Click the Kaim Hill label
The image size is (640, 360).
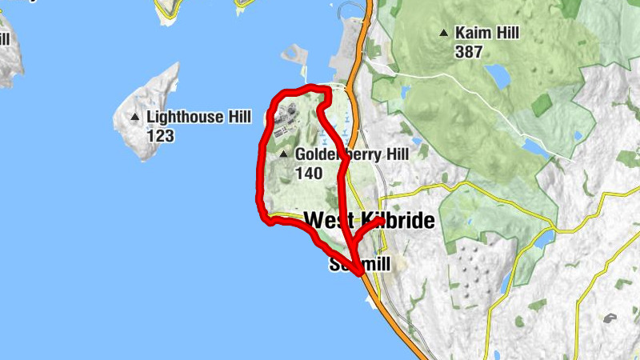click(x=487, y=34)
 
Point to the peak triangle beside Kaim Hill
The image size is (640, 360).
click(x=443, y=34)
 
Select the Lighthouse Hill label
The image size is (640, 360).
click(x=194, y=118)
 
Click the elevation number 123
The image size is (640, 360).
click(x=160, y=136)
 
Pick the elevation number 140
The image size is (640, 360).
click(x=309, y=173)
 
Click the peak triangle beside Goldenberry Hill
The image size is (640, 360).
click(x=283, y=154)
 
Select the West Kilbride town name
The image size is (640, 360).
click(x=370, y=220)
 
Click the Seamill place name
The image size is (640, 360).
click(x=359, y=264)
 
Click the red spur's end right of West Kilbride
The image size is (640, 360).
click(x=379, y=222)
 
